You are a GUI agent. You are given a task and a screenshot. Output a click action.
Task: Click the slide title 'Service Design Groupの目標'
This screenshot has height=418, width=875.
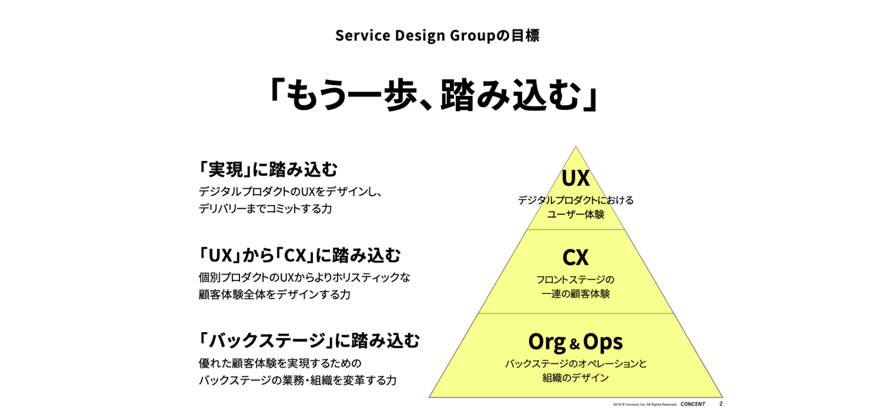[x=437, y=35]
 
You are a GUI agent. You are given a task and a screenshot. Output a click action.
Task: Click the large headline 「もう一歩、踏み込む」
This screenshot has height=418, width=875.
[x=435, y=95]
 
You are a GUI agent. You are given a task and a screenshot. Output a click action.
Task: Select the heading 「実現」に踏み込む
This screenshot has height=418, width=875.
[x=268, y=170]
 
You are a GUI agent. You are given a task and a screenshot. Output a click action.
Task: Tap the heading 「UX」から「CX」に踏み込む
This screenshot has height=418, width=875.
[x=300, y=255]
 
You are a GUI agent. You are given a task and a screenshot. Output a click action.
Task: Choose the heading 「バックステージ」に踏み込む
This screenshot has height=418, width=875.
[x=309, y=341]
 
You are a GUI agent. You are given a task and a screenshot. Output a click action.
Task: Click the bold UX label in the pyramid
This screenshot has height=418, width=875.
[x=575, y=178]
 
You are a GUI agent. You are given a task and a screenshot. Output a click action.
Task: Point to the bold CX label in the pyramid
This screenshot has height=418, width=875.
[x=575, y=257]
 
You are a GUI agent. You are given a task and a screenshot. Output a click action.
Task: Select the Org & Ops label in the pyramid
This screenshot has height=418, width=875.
[x=575, y=341]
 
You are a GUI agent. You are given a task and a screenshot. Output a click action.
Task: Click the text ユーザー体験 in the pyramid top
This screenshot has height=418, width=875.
[x=575, y=215]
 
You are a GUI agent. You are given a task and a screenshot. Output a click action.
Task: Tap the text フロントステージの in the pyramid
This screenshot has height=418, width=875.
[x=575, y=279]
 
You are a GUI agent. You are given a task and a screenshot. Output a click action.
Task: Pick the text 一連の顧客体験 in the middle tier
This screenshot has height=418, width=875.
[x=575, y=294]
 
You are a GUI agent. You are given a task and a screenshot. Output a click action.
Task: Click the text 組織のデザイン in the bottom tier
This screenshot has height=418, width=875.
[x=575, y=378]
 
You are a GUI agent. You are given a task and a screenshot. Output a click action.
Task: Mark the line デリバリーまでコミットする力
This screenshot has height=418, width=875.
[x=265, y=209]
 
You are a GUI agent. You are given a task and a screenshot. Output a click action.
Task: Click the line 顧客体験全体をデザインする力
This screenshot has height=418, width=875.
[x=274, y=294]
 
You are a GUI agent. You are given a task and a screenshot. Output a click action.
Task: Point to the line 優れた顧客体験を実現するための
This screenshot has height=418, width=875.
[x=280, y=363]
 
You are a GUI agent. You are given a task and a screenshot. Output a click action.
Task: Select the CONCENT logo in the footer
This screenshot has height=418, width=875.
[x=692, y=404]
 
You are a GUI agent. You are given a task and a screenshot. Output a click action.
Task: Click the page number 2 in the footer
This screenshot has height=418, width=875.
[x=721, y=404]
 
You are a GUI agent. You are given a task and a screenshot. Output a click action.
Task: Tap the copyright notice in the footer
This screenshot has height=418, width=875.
[x=644, y=404]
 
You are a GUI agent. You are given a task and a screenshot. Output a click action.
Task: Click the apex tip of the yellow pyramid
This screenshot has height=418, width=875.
[x=575, y=148]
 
